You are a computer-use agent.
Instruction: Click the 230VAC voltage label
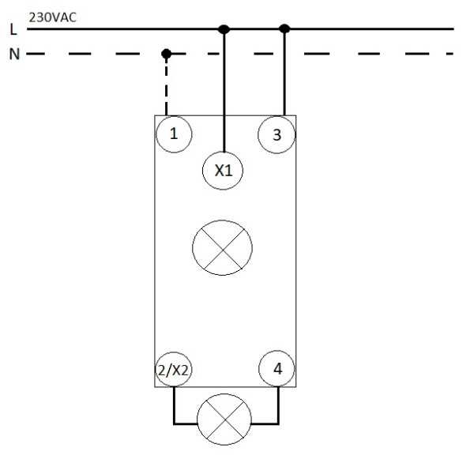(x=51, y=16)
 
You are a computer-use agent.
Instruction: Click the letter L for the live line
(x=12, y=30)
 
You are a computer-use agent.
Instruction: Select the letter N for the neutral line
(x=12, y=55)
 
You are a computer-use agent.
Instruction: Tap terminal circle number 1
(x=173, y=134)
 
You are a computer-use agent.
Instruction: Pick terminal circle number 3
(x=276, y=134)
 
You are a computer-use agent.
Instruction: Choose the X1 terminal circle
(x=224, y=171)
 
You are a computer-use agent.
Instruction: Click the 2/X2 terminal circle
(x=174, y=369)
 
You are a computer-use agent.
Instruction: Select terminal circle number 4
(x=277, y=368)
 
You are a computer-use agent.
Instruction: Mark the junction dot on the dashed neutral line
(x=166, y=55)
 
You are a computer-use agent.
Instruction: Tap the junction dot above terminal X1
(x=224, y=29)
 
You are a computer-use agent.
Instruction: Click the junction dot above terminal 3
(x=285, y=29)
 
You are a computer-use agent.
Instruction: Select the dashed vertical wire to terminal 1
(x=166, y=87)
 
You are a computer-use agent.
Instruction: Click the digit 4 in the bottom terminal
(x=277, y=368)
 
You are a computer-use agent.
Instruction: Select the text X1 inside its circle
(x=224, y=171)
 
